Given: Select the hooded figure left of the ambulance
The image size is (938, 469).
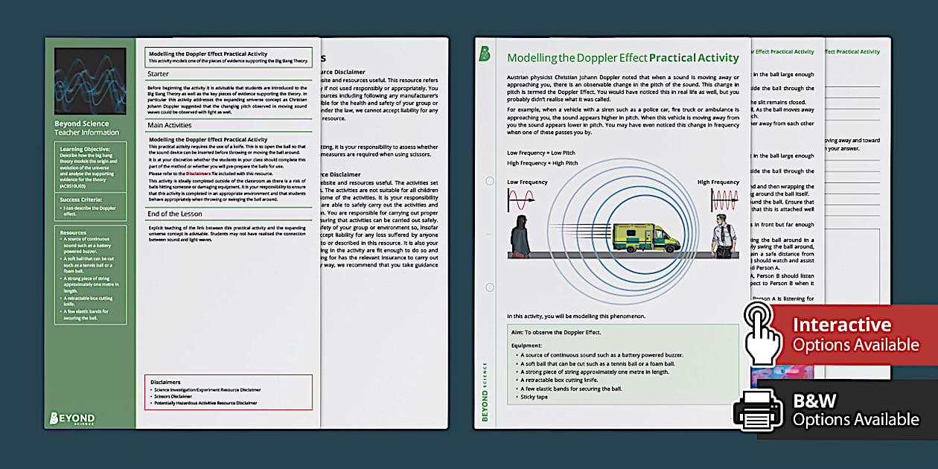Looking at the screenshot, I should [520, 236].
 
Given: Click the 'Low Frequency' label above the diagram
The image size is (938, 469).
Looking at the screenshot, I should [527, 182].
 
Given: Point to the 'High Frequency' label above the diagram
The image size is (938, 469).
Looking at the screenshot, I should [718, 182].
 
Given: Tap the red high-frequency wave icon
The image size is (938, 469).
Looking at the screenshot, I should [725, 200].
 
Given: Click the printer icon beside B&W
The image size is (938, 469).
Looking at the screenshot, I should [758, 410].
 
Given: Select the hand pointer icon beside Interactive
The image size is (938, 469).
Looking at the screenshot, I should [762, 334].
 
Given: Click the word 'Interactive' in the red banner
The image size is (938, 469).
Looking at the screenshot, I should [841, 325].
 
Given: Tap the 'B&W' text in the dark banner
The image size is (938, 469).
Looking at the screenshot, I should [816, 401].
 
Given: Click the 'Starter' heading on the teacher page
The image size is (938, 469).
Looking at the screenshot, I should [159, 74].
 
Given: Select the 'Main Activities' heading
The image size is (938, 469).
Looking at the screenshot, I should [170, 125].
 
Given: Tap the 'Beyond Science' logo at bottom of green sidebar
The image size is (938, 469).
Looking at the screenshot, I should [71, 418].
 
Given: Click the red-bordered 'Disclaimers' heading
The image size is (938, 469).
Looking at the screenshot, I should [165, 381].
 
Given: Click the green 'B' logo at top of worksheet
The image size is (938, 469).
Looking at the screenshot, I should [485, 54].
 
